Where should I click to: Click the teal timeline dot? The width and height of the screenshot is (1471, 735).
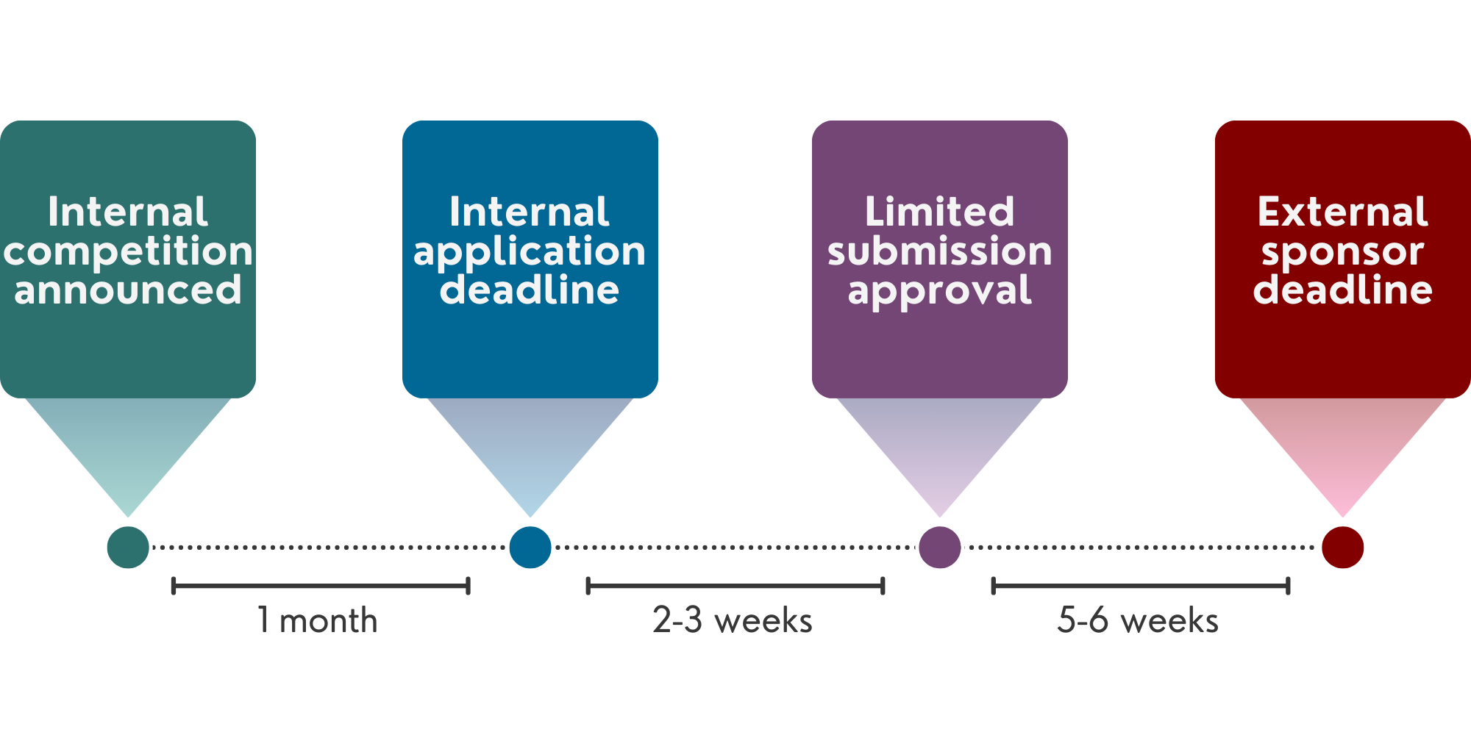[128, 548]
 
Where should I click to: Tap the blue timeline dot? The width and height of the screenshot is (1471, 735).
[530, 548]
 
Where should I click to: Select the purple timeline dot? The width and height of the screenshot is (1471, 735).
[940, 548]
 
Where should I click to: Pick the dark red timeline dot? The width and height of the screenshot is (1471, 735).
[1342, 548]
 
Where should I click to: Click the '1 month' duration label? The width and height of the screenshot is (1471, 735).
[318, 621]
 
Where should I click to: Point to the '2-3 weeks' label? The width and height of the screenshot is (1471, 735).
[733, 621]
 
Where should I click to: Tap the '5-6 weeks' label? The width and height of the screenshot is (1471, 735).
[1138, 621]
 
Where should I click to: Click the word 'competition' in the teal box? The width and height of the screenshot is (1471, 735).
[128, 252]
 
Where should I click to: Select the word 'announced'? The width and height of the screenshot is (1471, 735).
[128, 290]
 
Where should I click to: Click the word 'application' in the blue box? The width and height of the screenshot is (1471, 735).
[530, 252]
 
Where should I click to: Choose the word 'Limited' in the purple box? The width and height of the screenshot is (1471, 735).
[940, 212]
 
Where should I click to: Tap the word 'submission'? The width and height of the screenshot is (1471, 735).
[940, 252]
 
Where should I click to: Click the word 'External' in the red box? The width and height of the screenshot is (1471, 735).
[1343, 212]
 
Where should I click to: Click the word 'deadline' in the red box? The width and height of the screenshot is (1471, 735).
[1343, 290]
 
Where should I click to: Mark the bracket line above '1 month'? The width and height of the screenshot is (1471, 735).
[321, 586]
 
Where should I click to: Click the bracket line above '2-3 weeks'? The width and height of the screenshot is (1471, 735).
[735, 586]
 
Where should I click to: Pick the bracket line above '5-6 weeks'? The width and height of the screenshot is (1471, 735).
[1141, 586]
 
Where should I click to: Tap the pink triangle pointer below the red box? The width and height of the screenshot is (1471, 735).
[1343, 448]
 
